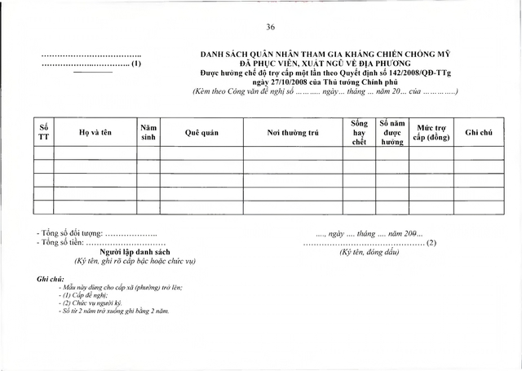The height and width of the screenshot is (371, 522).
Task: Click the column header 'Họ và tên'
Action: click(95, 132)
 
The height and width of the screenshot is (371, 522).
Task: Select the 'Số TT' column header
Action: click(44, 132)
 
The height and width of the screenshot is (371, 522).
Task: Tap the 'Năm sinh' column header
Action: click(148, 132)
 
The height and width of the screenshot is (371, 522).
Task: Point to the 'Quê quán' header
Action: click(200, 132)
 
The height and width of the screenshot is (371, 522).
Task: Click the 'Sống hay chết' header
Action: click(354, 132)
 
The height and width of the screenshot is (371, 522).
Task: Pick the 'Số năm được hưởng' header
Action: click(392, 132)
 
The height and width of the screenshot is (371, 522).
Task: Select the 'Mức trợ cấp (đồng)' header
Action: click(431, 132)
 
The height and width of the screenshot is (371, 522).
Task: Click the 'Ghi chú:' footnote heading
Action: click(51, 279)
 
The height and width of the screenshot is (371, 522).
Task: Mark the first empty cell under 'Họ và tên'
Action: click(95, 152)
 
